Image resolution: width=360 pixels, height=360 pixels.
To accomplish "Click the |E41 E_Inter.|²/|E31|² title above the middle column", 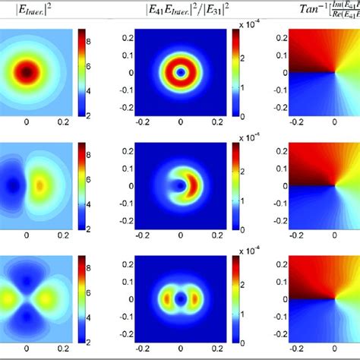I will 180,11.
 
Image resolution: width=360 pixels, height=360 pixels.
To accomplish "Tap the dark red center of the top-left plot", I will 27,72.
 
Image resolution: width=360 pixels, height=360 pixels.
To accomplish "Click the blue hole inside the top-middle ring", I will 181,74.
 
